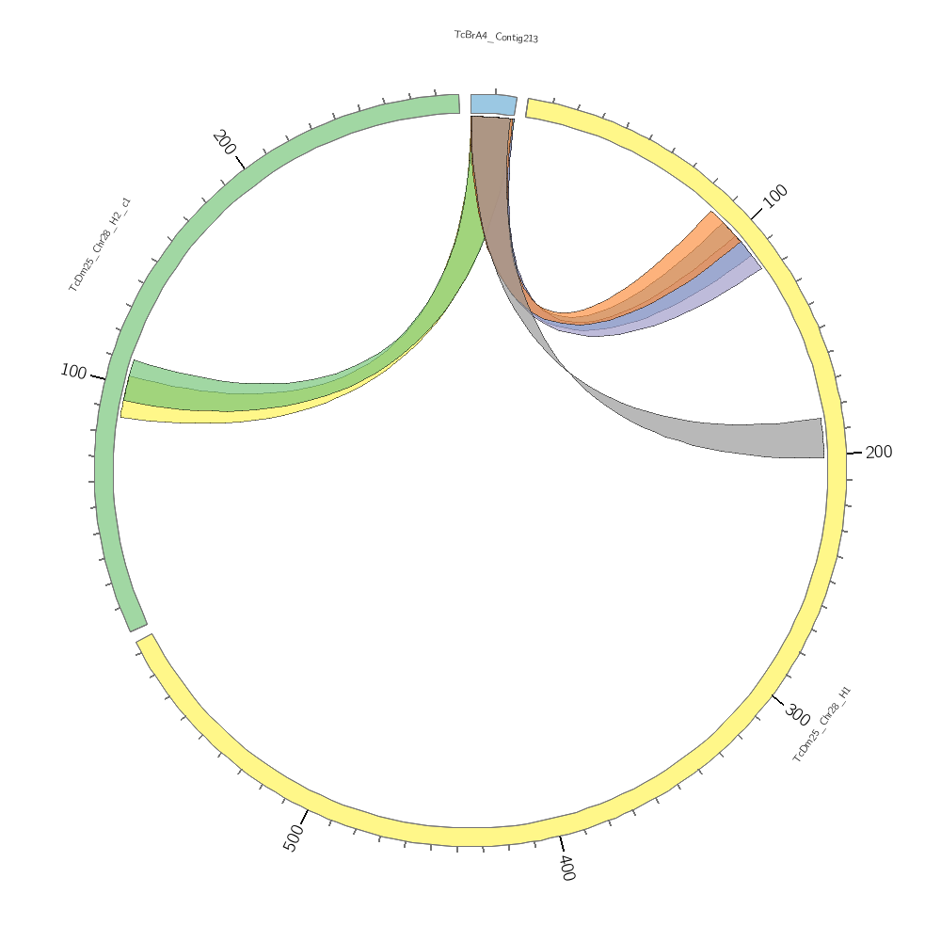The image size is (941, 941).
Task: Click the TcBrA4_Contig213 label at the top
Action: click(x=496, y=37)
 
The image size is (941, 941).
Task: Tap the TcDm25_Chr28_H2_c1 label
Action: click(x=100, y=245)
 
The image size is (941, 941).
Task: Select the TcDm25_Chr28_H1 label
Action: click(x=821, y=724)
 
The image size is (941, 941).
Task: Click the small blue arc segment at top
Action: click(x=493, y=104)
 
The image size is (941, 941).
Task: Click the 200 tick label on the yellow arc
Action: click(x=878, y=453)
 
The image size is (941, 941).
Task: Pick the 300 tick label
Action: click(x=797, y=715)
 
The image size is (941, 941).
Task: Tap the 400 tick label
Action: click(x=566, y=867)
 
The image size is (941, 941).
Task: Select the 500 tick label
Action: click(x=294, y=837)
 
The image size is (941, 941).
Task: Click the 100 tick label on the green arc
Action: click(x=73, y=372)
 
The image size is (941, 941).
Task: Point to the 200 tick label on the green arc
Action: click(x=224, y=142)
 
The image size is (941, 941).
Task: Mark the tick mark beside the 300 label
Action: click(x=777, y=698)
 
